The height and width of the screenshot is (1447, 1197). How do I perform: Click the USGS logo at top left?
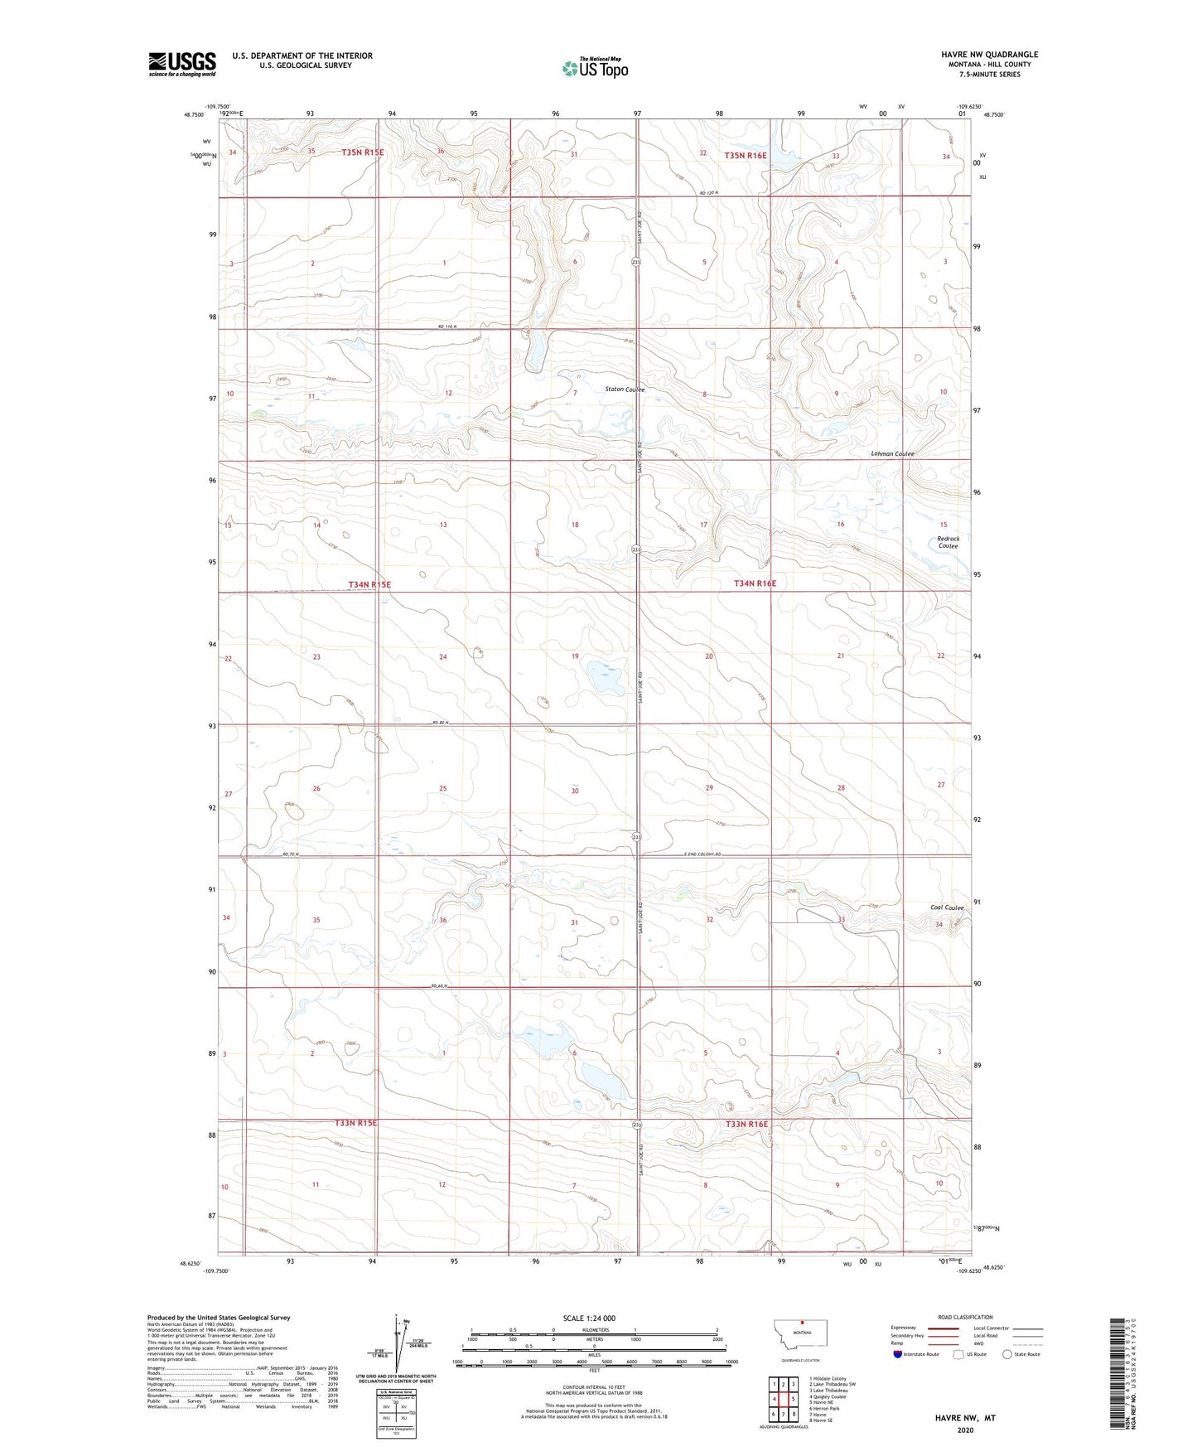(181, 64)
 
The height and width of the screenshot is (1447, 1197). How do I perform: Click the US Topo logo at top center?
(595, 68)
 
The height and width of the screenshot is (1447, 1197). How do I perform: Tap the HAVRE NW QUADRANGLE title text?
(989, 55)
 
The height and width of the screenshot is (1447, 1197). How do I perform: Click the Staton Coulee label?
(625, 389)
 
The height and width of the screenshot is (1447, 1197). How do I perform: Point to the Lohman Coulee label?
(892, 454)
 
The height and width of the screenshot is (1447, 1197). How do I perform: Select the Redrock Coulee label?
(948, 542)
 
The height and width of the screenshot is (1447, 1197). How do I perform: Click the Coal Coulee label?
(947, 907)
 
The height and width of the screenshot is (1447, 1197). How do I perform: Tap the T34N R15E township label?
(369, 584)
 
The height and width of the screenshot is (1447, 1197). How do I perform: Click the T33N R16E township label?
(746, 1124)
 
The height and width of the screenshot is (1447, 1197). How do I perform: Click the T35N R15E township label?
(363, 152)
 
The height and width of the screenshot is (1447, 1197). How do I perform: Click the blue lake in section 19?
(606, 678)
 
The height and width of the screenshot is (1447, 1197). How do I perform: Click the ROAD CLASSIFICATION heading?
(965, 1317)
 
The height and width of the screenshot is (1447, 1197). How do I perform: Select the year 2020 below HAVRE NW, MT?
(965, 1430)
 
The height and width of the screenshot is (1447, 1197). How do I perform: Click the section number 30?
(575, 791)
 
